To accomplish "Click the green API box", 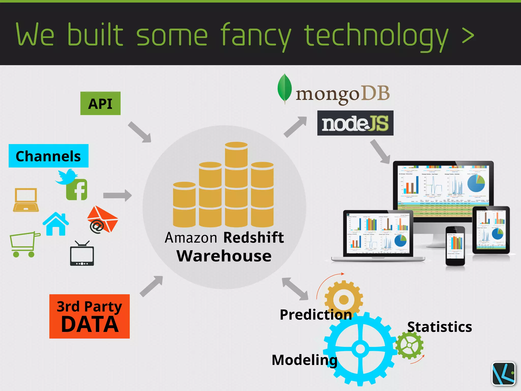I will (100, 103).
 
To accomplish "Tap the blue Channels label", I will (49, 156).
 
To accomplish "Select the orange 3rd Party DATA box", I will (90, 316).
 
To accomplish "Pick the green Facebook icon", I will (77, 190).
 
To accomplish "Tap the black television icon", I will (82, 254).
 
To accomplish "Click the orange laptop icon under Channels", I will (26, 200).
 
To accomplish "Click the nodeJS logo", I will (355, 123).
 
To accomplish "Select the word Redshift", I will (253, 238).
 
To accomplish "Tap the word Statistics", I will (439, 327).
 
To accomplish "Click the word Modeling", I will (304, 360).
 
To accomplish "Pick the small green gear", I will (409, 345).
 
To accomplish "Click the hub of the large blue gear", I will (360, 349).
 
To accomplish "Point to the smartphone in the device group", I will (455, 246).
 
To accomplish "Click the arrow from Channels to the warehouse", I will (117, 195).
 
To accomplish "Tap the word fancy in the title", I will (255, 36).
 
